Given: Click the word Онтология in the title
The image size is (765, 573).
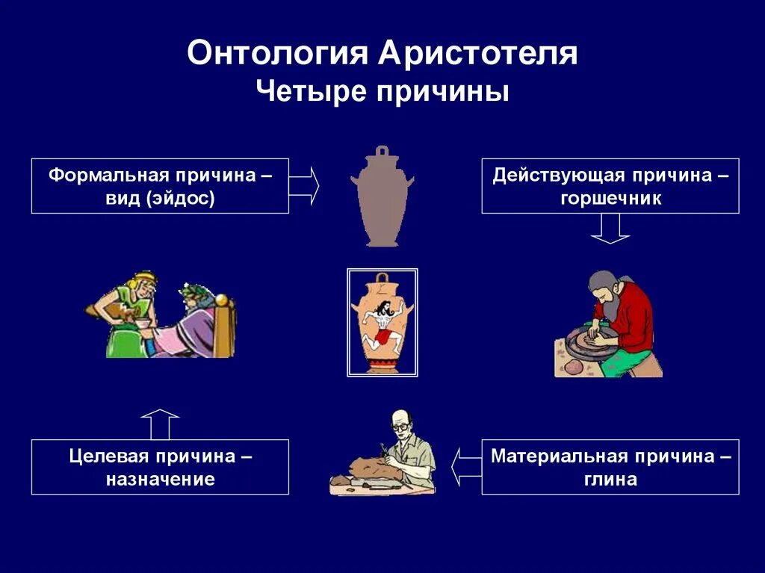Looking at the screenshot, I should (x=277, y=55).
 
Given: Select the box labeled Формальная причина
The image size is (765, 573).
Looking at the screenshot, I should (x=160, y=186).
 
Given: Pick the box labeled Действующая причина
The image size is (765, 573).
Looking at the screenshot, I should (x=610, y=186).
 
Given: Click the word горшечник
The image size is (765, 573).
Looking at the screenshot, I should (x=610, y=199).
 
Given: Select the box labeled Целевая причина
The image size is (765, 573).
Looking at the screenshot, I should (x=160, y=467).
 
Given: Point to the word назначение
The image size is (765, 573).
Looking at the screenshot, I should (x=160, y=479).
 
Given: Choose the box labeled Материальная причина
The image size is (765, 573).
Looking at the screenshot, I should (x=610, y=467).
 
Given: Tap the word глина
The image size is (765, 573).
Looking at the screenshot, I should (x=610, y=479).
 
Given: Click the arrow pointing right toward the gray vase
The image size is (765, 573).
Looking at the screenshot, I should (x=304, y=185).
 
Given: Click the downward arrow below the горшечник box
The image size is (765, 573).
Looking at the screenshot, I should (x=610, y=229).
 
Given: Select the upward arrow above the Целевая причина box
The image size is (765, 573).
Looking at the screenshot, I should (x=160, y=424).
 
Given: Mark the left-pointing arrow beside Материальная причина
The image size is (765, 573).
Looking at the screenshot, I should (x=466, y=466).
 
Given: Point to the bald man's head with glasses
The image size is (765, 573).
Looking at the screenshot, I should (x=400, y=425).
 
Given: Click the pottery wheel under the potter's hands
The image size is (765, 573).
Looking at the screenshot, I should (x=590, y=344).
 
